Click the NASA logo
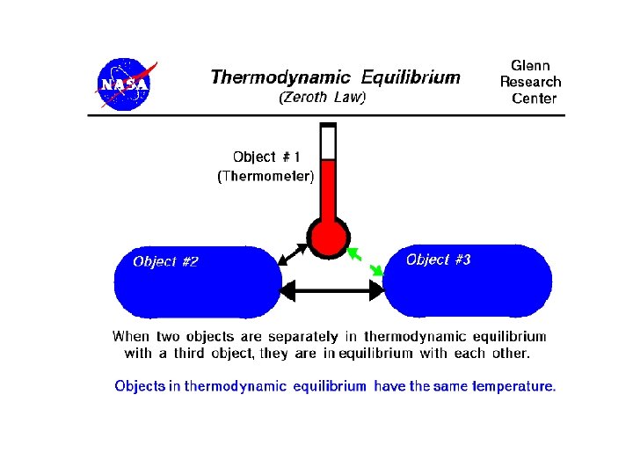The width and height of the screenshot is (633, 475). point(125,84)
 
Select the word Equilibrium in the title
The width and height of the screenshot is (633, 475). point(411,77)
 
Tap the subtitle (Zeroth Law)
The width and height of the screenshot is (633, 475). point(322,98)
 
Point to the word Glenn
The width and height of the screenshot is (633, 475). point(532,66)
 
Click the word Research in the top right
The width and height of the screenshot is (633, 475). point(530,82)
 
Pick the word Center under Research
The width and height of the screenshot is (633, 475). point(534,98)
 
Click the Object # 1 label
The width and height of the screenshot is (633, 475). point(266,157)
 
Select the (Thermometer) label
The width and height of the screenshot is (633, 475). point(266,176)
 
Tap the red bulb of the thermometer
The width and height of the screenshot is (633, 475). point(329,237)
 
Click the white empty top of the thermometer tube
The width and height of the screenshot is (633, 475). point(329,142)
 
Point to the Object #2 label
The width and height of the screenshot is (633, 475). point(165,261)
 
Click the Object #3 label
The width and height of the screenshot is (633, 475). point(439,259)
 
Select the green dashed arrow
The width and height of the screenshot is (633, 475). point(367,263)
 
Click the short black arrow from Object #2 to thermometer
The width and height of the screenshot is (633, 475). point(293,252)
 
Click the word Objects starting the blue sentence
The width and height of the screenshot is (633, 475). point(140,386)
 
